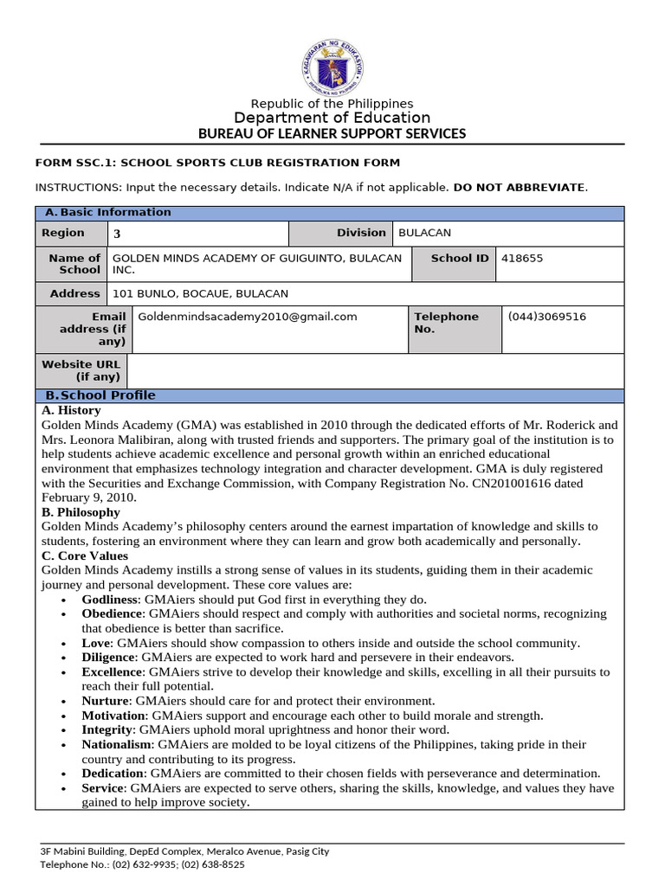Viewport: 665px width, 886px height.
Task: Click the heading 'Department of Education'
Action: point(332,118)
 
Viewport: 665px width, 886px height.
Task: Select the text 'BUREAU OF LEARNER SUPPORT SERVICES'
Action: point(332,133)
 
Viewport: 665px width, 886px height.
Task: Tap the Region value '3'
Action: point(118,234)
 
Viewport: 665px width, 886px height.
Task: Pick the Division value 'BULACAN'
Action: point(424,234)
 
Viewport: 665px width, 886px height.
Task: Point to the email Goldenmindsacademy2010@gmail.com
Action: point(248,317)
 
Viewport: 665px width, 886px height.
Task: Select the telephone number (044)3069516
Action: point(547,317)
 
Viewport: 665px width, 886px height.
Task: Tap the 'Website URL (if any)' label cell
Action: point(81,370)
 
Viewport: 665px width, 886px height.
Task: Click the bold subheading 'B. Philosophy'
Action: point(81,512)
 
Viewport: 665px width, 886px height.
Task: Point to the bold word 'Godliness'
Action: point(110,599)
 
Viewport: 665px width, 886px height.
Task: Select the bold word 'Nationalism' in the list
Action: point(117,744)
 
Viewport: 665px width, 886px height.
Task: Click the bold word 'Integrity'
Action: point(107,730)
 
